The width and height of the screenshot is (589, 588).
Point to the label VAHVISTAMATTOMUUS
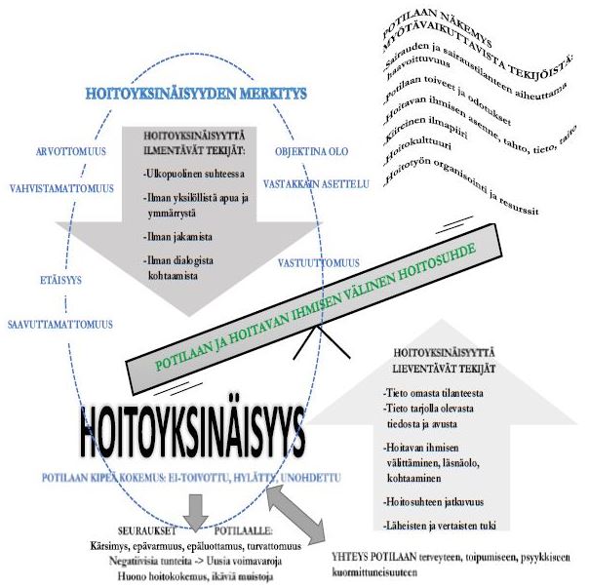62,186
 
